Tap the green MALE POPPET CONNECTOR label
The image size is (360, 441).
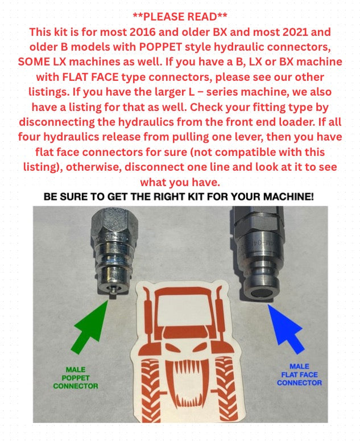(x=76, y=378)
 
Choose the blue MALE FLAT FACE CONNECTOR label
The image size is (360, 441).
(x=299, y=375)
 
